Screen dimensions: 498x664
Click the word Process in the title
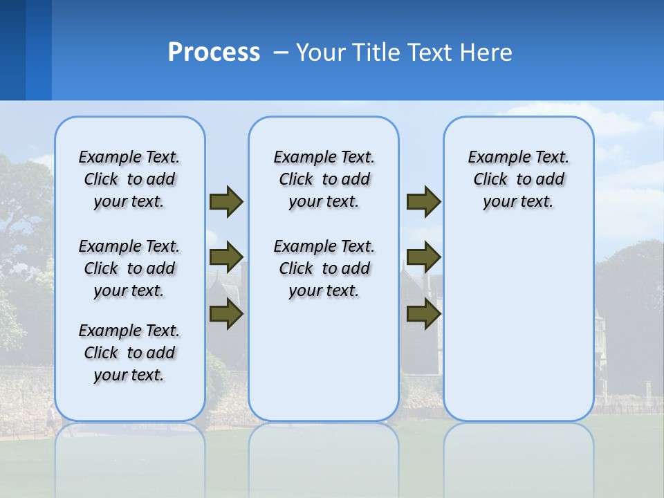[214, 53]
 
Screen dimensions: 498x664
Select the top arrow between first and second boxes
[226, 202]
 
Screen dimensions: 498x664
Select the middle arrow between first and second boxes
[226, 257]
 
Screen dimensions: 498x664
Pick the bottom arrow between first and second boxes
[226, 315]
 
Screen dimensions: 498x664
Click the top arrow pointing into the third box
[423, 202]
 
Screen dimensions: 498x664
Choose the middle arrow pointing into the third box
[423, 257]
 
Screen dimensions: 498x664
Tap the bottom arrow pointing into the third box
[423, 315]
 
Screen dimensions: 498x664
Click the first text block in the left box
[129, 179]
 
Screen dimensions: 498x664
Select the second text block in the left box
[129, 268]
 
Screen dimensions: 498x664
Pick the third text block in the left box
[129, 353]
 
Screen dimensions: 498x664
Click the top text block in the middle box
[324, 179]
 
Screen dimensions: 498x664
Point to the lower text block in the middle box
[324, 268]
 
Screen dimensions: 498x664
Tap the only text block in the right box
[518, 179]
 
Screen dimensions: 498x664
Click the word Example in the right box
[494, 158]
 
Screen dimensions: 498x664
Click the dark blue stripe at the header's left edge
[12, 50]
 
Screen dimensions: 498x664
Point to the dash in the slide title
[281, 53]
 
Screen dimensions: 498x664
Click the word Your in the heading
[320, 53]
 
